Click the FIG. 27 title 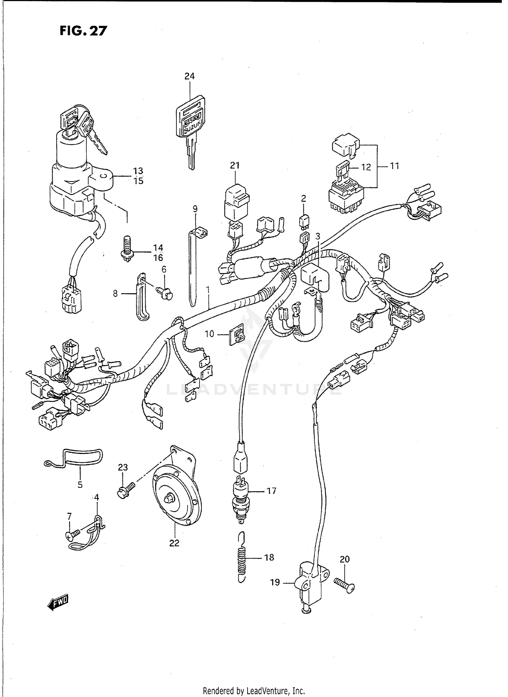click(83, 31)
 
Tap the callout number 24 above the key click(189, 77)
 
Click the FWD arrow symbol click(58, 603)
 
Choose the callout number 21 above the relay click(235, 166)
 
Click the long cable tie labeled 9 click(193, 267)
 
